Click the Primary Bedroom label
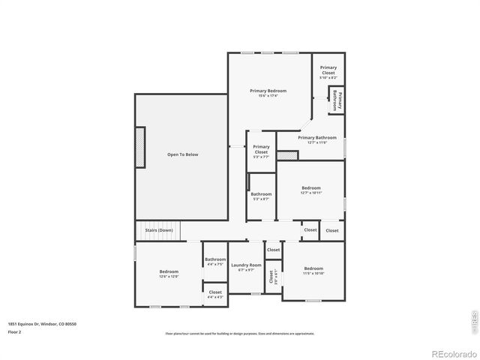268,91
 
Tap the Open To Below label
182,154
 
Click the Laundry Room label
246,265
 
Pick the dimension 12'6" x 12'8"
169,277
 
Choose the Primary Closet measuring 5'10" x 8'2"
328,77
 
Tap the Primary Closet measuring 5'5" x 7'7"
261,157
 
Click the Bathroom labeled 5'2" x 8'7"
261,199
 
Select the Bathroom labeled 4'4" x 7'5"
215,265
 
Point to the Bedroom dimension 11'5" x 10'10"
313,274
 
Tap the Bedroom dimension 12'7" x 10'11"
311,193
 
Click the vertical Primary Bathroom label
337,100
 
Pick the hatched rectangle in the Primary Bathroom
287,155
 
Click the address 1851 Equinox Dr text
43,324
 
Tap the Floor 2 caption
15,331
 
